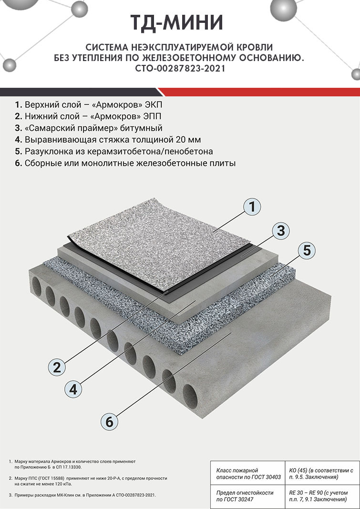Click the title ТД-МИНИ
[177, 23]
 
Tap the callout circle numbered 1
[252, 207]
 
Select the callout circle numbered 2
[57, 367]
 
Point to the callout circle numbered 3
[280, 231]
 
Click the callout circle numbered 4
[73, 389]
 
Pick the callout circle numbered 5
[307, 250]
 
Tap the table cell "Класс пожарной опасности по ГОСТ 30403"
[247, 474]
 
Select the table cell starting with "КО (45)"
[321, 474]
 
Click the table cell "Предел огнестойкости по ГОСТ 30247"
[247, 496]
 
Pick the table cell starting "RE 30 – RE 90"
[321, 496]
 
